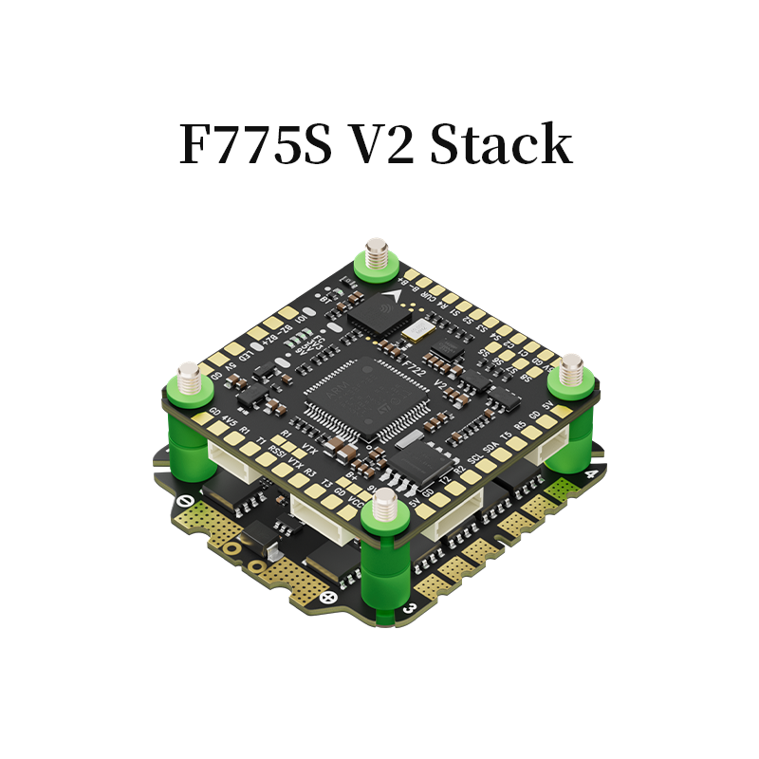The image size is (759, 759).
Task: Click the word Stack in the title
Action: (502, 145)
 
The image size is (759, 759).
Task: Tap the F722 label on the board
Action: (415, 363)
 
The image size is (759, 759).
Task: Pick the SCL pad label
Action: (474, 460)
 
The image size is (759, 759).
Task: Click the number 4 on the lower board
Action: (592, 474)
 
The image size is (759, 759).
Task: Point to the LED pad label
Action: (245, 355)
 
